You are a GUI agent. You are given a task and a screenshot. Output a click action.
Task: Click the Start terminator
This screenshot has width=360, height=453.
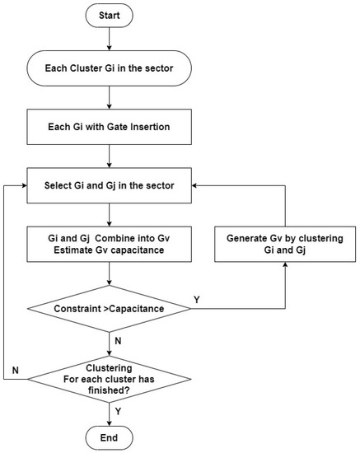coord(110,16)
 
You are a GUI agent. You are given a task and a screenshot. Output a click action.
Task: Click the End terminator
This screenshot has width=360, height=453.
coord(110,437)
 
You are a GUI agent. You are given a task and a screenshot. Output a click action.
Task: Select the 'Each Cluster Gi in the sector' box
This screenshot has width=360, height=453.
coord(110,68)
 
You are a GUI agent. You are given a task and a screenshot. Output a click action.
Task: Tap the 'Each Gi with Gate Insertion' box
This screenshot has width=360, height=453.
coord(110,127)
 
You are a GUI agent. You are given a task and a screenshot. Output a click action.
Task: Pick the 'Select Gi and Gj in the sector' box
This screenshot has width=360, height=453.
coord(110,185)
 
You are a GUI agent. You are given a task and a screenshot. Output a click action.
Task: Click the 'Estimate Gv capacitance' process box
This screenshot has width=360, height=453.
coord(110,244)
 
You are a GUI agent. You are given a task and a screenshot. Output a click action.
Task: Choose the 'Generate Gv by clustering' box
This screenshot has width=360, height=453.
coord(285,244)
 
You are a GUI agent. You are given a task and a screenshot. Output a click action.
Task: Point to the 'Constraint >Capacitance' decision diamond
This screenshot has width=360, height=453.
coord(110,309)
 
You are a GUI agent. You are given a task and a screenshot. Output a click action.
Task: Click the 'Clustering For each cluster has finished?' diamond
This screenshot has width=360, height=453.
coord(110,379)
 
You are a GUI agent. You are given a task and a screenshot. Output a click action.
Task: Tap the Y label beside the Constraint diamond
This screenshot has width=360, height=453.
coord(197,300)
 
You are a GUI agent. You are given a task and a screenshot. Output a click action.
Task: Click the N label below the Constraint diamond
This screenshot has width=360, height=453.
coord(118,341)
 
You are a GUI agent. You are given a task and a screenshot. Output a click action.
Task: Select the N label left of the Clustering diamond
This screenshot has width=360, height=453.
coord(16,370)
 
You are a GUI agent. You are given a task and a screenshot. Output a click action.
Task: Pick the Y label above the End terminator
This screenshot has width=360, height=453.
coord(118,411)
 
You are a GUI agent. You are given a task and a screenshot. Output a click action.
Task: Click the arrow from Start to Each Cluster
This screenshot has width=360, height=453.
coord(110,39)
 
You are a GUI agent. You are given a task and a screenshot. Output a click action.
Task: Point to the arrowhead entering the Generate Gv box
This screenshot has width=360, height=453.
coord(285,264)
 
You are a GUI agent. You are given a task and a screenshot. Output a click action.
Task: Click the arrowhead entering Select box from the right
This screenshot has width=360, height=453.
coord(194,185)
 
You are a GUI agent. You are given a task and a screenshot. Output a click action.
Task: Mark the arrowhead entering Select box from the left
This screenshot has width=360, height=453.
coord(24,185)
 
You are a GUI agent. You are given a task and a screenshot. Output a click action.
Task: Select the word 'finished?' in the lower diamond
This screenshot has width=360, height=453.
coord(109,390)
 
